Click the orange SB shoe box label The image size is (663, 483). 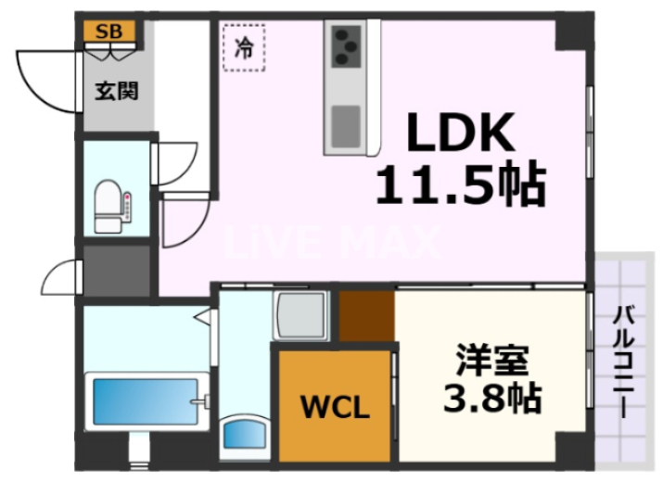(x=109, y=32)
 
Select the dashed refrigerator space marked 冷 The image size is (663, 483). (x=243, y=47)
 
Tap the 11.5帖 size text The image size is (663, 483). (x=458, y=186)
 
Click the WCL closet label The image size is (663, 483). (x=335, y=408)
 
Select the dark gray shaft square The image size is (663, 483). (x=116, y=270)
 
